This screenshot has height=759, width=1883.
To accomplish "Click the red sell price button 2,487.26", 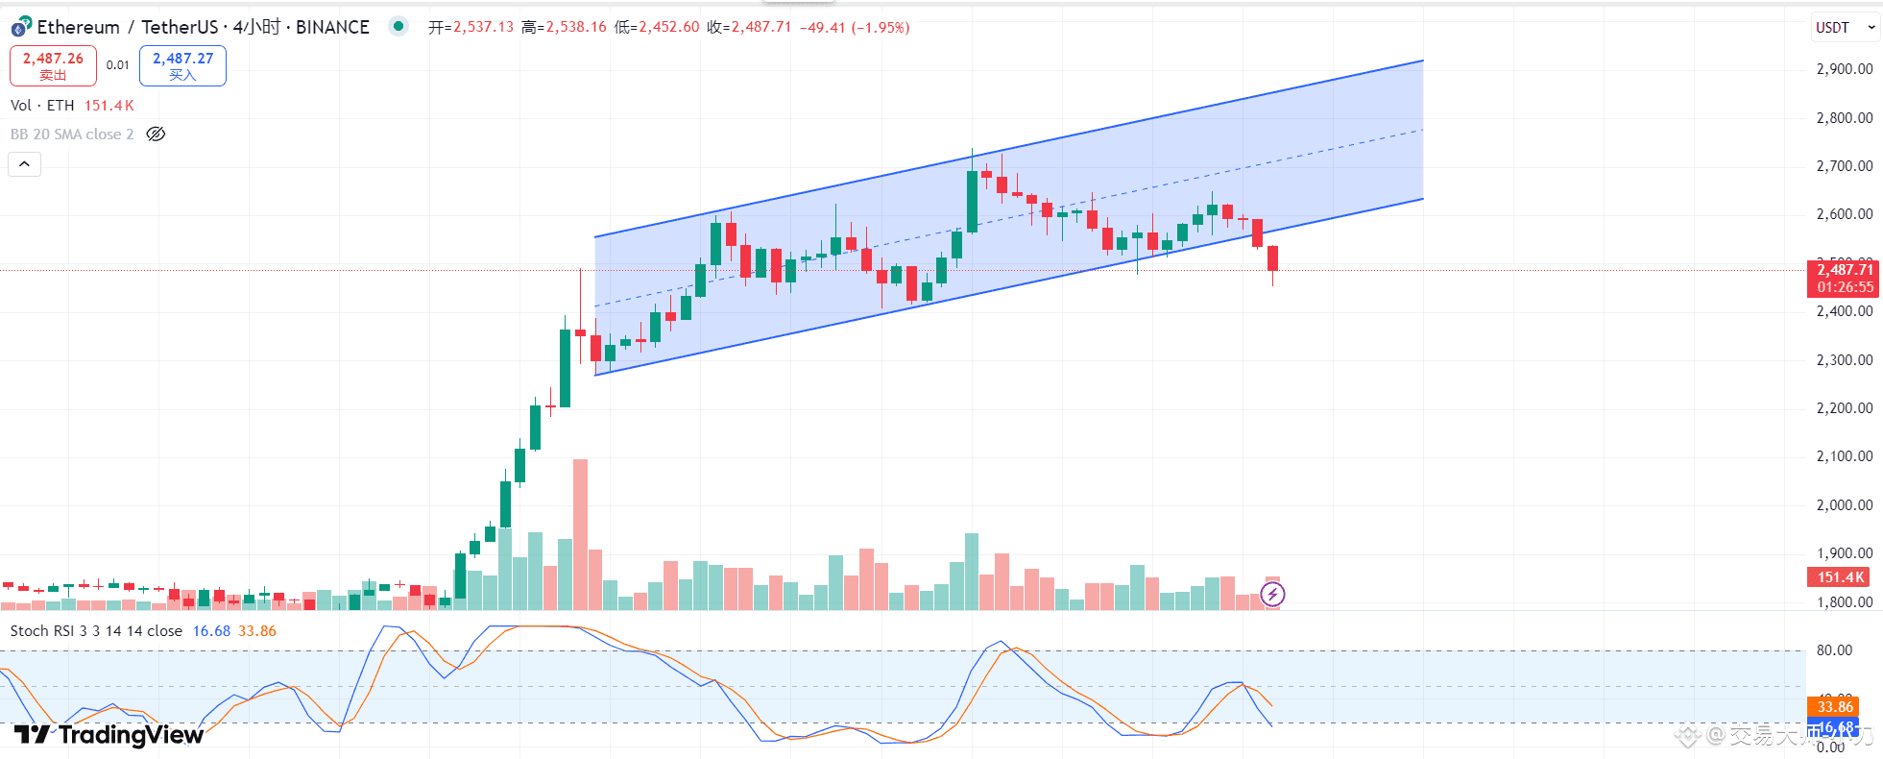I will click(x=53, y=65).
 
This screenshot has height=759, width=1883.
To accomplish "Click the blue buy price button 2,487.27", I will click(x=182, y=65).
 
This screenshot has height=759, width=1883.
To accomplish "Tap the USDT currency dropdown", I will click(x=1844, y=28).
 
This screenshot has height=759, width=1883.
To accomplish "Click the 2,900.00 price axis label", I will click(x=1844, y=69).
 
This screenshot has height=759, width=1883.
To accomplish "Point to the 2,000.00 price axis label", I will click(x=1844, y=505).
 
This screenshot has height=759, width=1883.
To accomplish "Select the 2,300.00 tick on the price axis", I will click(x=1844, y=360).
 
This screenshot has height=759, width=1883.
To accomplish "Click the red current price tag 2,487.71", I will click(x=1844, y=270).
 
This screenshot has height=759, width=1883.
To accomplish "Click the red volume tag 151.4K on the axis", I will click(x=1840, y=577).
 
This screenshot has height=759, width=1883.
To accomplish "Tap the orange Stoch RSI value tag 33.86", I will click(x=1834, y=707).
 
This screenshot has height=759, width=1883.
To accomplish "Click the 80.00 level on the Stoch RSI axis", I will click(x=1834, y=650).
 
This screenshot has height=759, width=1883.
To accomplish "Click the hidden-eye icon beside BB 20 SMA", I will click(x=156, y=135).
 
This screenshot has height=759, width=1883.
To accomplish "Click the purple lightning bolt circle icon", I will click(x=1272, y=595).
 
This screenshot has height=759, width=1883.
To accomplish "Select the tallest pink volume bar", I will click(x=580, y=534).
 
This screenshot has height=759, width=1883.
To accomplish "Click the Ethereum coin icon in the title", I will click(x=21, y=27).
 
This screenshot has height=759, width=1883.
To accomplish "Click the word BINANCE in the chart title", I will click(x=332, y=27).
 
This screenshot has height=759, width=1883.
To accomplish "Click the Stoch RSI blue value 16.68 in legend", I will click(x=211, y=631).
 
